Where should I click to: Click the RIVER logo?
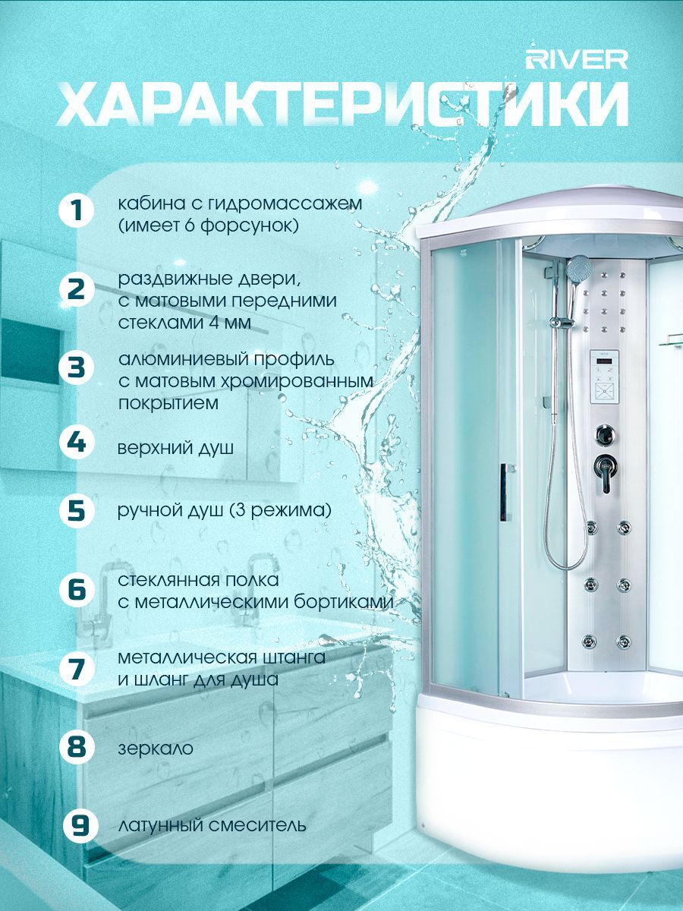pyautogui.click(x=577, y=60)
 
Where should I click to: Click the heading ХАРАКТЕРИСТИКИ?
pyautogui.click(x=342, y=104)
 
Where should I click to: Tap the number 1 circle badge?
pyautogui.click(x=77, y=210)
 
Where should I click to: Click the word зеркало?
pyautogui.click(x=156, y=749)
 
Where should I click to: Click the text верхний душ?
pyautogui.click(x=175, y=448)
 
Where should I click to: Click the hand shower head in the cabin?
pyautogui.click(x=578, y=266)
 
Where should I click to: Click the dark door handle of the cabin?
pyautogui.click(x=504, y=492)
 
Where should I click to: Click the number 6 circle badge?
pyautogui.click(x=77, y=590)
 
